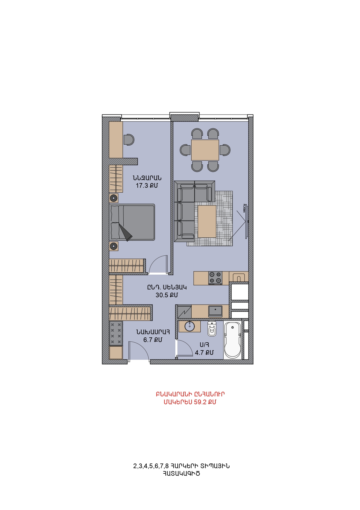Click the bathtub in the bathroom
[x=233, y=340]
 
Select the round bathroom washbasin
[x=190, y=326]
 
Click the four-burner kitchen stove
[x=215, y=278]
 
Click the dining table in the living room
[x=205, y=150]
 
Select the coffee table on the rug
[x=207, y=221]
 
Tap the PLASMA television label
[x=244, y=208]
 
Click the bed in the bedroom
[x=132, y=222]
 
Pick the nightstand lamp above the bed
[x=114, y=198]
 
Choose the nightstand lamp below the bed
[x=114, y=246]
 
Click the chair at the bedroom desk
[x=129, y=139]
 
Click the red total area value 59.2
[x=200, y=402]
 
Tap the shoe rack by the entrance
[x=116, y=333]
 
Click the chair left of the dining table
[x=185, y=150]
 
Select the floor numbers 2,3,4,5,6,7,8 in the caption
[x=151, y=466]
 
